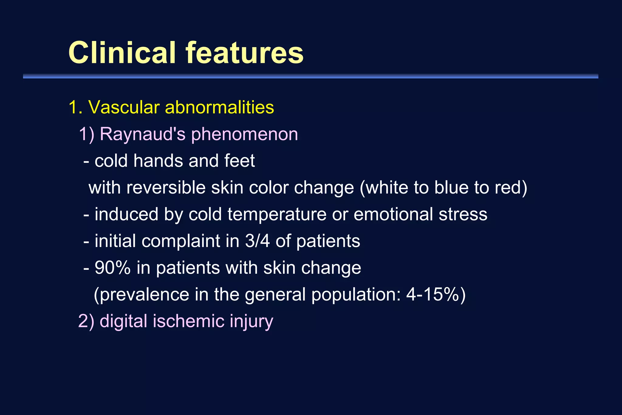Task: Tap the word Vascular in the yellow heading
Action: (124, 107)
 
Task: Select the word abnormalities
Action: (219, 107)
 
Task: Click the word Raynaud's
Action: (142, 134)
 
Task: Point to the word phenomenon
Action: (244, 134)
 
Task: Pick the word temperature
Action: (277, 214)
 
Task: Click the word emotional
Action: (393, 214)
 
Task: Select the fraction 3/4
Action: (257, 241)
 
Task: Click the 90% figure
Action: (112, 268)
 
